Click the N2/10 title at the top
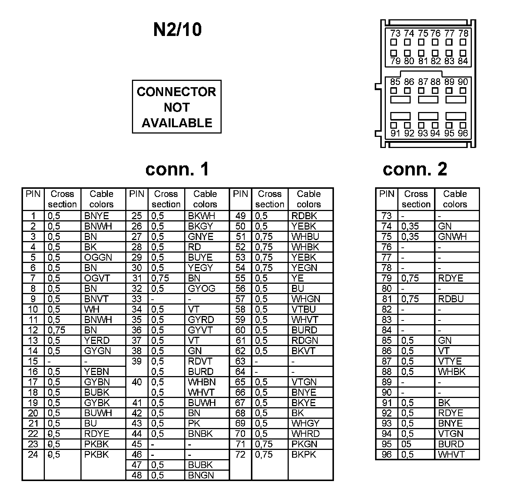click(x=177, y=29)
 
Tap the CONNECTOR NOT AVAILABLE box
click(x=176, y=107)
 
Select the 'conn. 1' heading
click(x=177, y=169)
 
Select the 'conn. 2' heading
click(x=415, y=169)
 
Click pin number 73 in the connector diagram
click(x=395, y=33)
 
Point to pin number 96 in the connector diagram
click(x=463, y=133)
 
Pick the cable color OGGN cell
click(x=98, y=257)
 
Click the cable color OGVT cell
click(x=97, y=278)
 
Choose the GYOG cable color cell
click(x=202, y=289)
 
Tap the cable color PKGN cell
click(x=304, y=444)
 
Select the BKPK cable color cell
click(x=304, y=454)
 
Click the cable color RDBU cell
click(x=451, y=299)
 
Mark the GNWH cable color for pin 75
click(x=452, y=237)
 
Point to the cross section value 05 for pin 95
click(x=407, y=444)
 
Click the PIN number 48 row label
click(x=137, y=475)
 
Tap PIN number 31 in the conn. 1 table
click(x=137, y=278)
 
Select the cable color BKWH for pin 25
click(x=202, y=216)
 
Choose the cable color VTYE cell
click(x=450, y=361)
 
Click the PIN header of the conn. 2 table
click(x=387, y=194)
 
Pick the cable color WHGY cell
click(x=305, y=423)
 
